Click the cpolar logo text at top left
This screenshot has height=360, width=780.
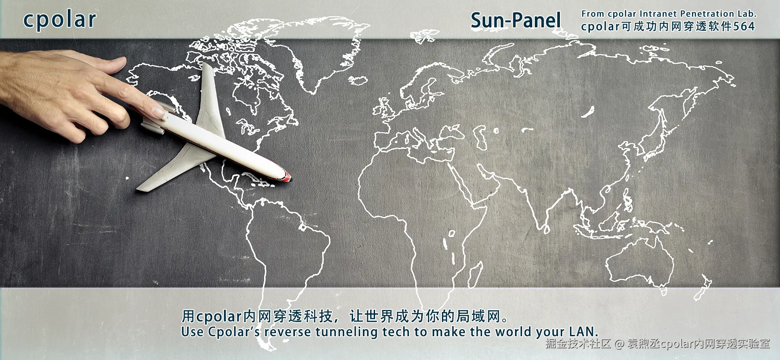pos(59,20)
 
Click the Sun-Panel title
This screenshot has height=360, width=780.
pos(516,21)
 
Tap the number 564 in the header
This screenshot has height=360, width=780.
pos(744,26)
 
